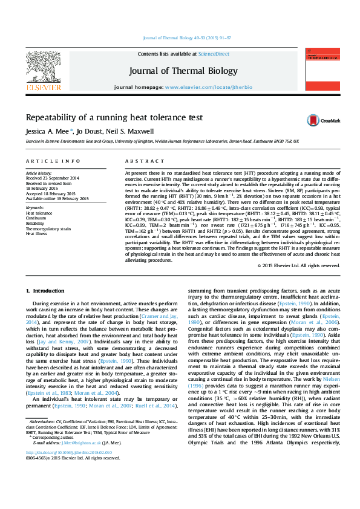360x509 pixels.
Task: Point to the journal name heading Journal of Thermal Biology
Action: pos(183,71)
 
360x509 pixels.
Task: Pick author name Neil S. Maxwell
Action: pos(131,131)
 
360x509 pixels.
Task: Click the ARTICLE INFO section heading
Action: pos(53,161)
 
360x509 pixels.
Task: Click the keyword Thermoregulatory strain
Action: pos(49,229)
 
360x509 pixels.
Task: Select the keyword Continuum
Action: pos(37,218)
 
